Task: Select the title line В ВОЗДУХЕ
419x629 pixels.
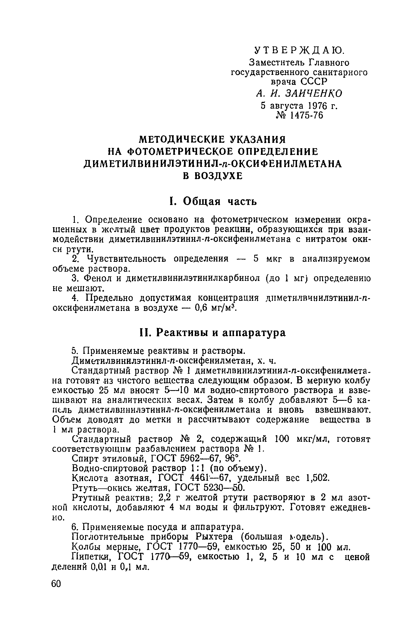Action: click(x=213, y=176)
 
